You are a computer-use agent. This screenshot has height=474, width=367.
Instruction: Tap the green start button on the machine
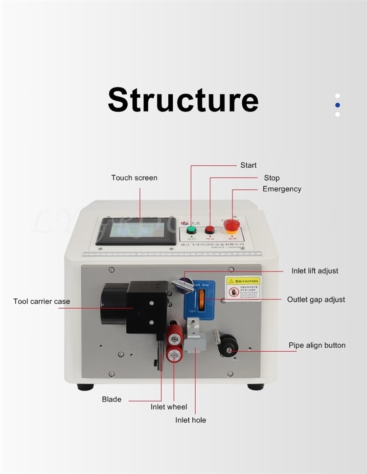[x=191, y=229]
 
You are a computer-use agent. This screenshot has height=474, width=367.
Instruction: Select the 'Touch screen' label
[x=134, y=178]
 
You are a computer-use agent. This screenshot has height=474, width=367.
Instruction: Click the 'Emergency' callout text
[x=282, y=189]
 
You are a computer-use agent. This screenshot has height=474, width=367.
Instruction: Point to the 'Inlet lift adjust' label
[x=315, y=271]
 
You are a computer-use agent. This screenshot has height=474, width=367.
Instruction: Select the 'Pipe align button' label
[x=317, y=345]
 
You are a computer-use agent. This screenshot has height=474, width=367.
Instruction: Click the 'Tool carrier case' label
[x=42, y=301]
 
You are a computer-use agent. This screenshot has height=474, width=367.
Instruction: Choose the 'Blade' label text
[x=112, y=399]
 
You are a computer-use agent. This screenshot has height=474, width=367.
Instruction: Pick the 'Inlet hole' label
[x=191, y=420]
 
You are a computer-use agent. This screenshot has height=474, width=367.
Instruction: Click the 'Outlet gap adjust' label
[x=316, y=299]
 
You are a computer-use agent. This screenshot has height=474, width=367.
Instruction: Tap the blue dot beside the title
[x=338, y=105]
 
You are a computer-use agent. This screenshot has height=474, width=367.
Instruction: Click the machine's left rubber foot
[x=85, y=387]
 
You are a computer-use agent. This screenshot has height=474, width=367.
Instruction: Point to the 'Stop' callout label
[x=272, y=178]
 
